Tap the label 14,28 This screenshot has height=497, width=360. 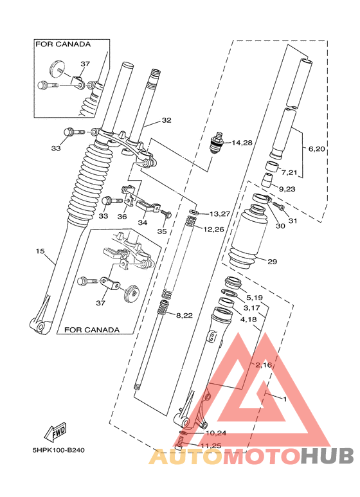click(x=242, y=142)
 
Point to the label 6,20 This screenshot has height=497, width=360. click(x=317, y=149)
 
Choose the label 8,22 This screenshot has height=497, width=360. click(x=184, y=314)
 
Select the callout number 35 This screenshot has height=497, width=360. click(x=162, y=231)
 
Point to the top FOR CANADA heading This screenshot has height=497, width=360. click(x=62, y=44)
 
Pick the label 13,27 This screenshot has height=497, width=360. click(x=219, y=214)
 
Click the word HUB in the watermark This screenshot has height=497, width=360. click(x=327, y=456)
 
